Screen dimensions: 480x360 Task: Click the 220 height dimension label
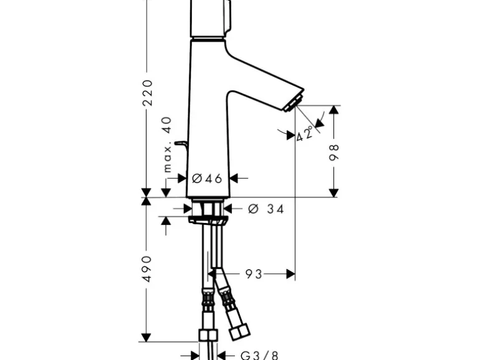[x=148, y=92]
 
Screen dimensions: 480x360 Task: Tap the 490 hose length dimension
[x=148, y=269]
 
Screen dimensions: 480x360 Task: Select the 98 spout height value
[x=334, y=153]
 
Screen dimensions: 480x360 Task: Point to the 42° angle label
[x=305, y=133]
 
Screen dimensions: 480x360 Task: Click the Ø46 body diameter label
[x=207, y=178]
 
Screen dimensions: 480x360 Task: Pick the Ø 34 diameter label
[x=266, y=209]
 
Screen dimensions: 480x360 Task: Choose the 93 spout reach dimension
[x=254, y=274]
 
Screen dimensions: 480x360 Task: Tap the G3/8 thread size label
[x=259, y=356]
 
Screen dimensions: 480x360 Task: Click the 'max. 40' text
[x=168, y=144]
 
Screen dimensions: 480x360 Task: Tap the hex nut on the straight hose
[x=208, y=335]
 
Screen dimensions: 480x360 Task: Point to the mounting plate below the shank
[x=208, y=221]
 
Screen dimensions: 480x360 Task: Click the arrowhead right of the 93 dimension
[x=290, y=274]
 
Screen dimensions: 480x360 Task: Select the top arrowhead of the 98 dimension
[x=334, y=110]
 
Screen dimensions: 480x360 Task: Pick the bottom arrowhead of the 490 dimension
[x=146, y=338]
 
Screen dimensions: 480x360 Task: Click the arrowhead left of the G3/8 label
[x=195, y=356]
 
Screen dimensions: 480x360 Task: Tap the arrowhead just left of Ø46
[x=182, y=178]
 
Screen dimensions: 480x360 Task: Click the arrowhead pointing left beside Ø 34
[x=228, y=209]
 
